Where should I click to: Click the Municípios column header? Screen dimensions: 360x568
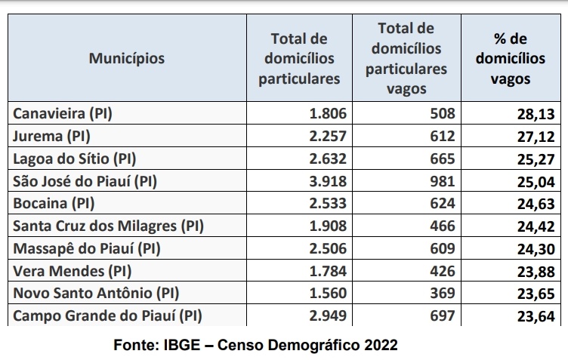126,57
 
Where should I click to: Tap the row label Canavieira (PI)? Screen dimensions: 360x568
63,114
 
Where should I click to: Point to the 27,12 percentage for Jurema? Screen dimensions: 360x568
536,137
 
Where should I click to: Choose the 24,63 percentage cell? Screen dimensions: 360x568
536,204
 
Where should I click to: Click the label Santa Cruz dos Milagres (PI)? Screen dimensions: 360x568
109,226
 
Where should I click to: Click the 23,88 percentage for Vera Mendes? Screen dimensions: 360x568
536,271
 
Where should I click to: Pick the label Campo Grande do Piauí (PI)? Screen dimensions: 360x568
108,315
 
